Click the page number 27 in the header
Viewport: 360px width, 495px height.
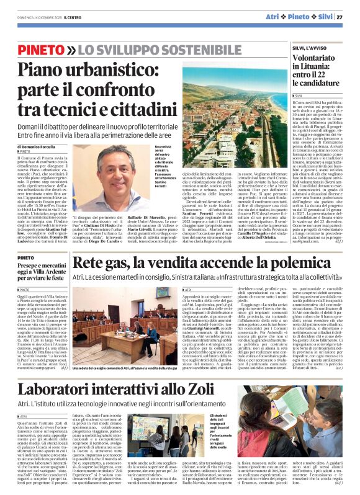coord(351,17)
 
